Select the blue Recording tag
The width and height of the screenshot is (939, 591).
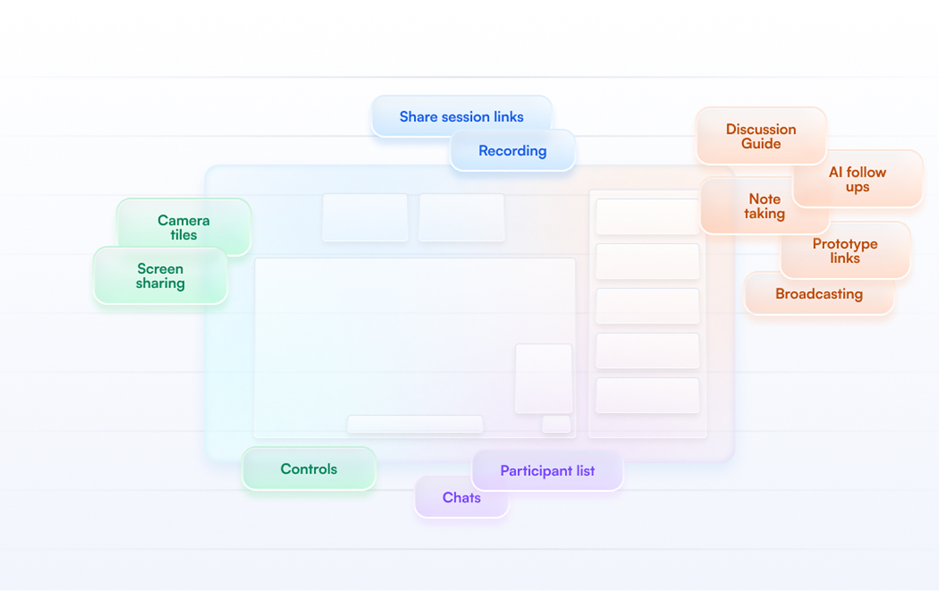click(x=513, y=150)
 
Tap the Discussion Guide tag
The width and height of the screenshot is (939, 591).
click(x=761, y=136)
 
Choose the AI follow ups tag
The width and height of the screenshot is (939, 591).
click(x=858, y=178)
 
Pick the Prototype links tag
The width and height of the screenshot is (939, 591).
click(x=845, y=250)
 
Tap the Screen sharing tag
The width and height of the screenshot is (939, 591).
click(x=160, y=276)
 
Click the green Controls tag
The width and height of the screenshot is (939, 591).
click(x=309, y=469)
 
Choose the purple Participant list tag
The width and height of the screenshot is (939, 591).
click(x=548, y=470)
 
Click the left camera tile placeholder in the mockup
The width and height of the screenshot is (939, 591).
click(x=365, y=218)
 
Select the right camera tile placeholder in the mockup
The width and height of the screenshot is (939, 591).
click(x=462, y=218)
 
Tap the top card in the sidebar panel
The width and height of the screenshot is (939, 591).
click(x=647, y=216)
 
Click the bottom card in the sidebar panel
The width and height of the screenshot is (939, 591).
click(x=647, y=395)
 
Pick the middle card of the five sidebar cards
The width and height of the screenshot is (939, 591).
click(x=647, y=306)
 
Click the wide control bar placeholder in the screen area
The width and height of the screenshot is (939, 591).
click(x=415, y=423)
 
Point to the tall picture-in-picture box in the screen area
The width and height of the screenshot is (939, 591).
click(x=544, y=378)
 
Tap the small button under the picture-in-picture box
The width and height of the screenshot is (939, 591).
click(x=556, y=423)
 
